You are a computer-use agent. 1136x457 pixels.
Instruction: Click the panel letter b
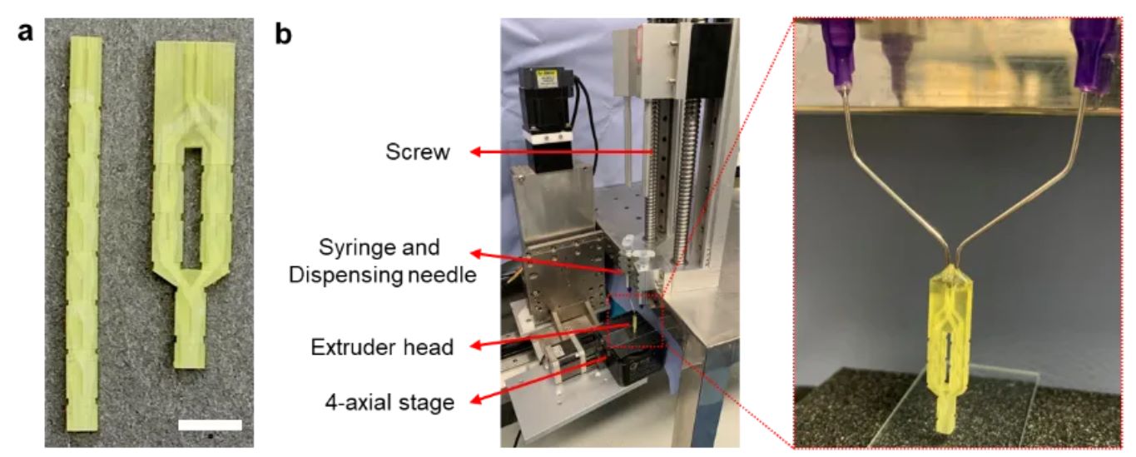284,36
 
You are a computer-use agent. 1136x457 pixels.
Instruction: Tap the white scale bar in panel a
210,425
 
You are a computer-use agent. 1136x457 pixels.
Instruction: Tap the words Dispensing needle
383,272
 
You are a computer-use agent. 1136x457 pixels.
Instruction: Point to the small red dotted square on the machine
637,320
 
